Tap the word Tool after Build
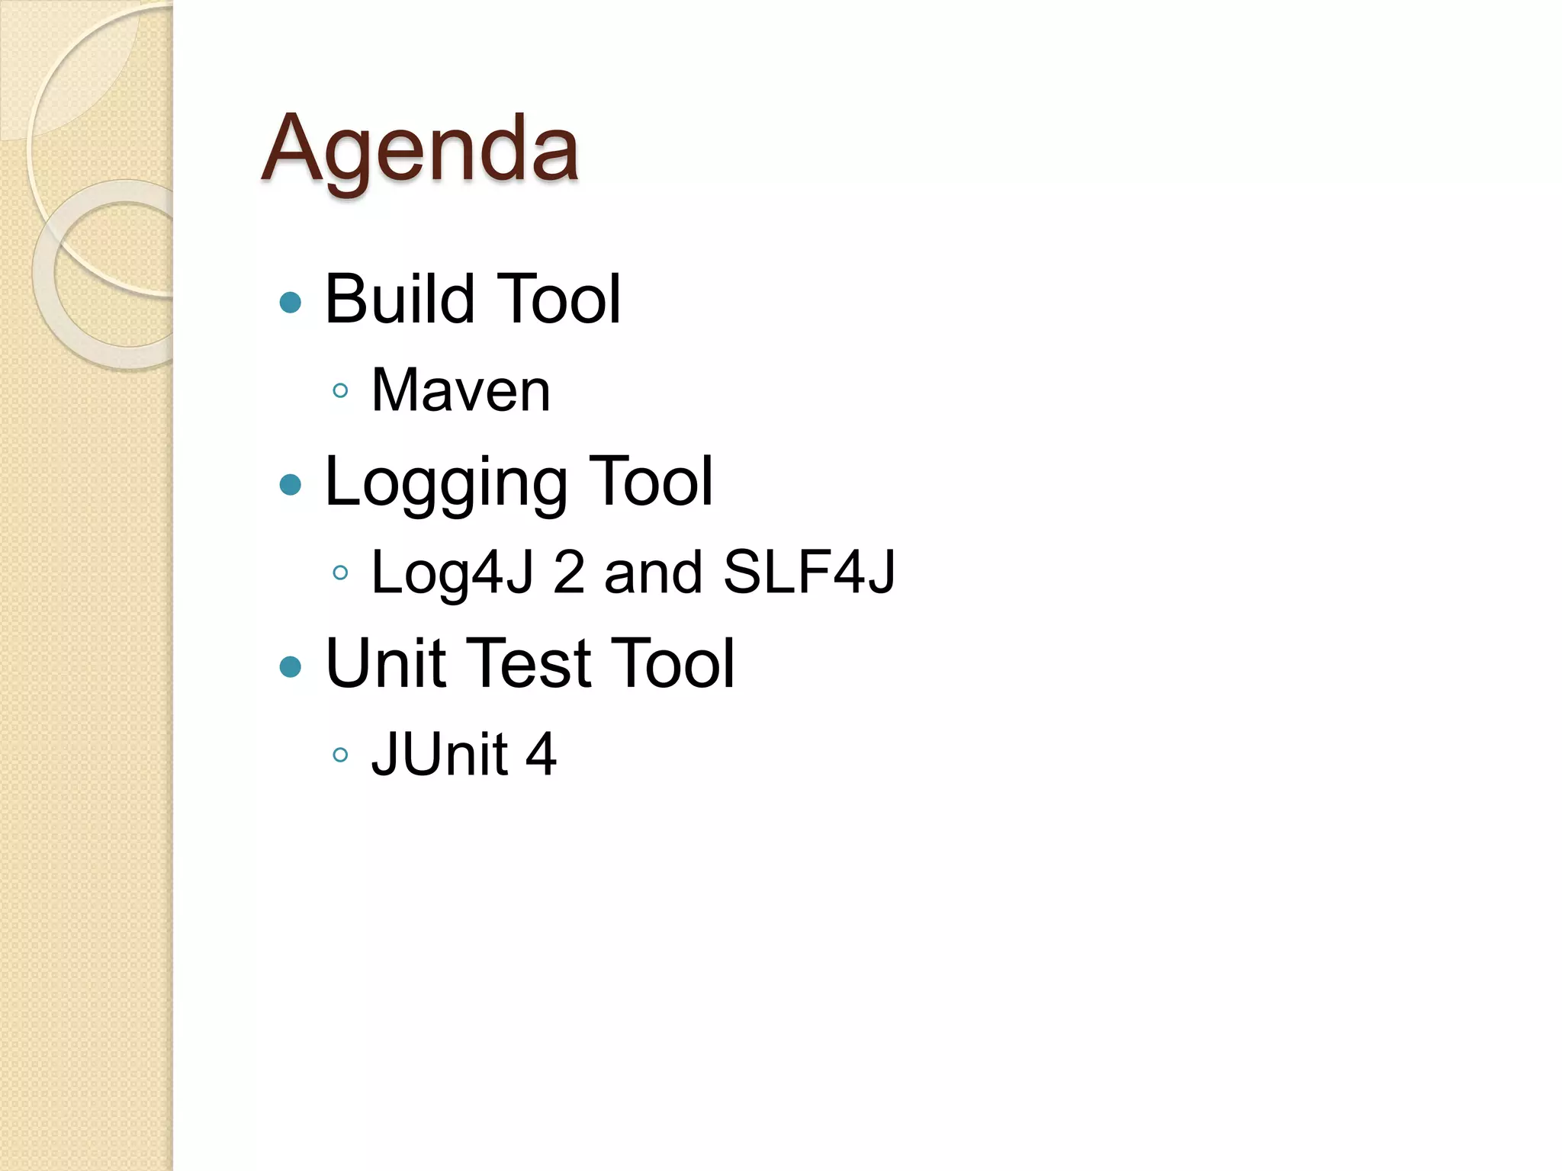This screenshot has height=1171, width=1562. tap(558, 299)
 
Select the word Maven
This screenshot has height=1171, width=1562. tap(461, 390)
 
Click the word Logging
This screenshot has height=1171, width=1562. tap(445, 483)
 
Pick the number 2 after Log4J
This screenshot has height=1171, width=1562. tap(569, 572)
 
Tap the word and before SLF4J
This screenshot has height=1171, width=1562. tap(653, 573)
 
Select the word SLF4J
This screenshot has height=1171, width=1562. tap(808, 572)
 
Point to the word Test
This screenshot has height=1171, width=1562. tap(528, 663)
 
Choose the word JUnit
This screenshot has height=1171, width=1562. tap(439, 755)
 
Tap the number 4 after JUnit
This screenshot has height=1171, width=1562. tap(541, 755)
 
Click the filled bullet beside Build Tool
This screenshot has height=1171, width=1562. tap(291, 303)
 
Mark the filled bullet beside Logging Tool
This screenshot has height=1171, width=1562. tap(291, 485)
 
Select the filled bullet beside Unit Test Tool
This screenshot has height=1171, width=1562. tap(291, 667)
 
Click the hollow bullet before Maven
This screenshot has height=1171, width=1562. tap(341, 391)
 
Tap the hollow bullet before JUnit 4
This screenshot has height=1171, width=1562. tap(341, 756)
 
